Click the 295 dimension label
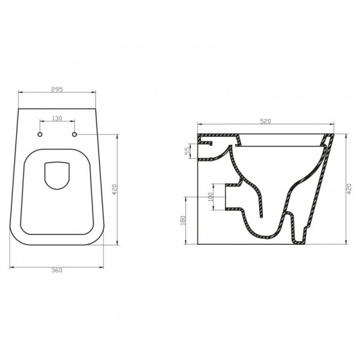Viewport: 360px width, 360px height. click(x=57, y=89)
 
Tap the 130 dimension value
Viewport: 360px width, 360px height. click(x=57, y=118)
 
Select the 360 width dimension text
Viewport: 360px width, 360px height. click(x=56, y=271)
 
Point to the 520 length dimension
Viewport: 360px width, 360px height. click(x=265, y=121)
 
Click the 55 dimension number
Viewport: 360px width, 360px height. click(x=188, y=151)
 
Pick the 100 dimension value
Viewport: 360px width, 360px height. click(x=211, y=197)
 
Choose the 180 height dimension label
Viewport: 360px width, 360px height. click(x=183, y=220)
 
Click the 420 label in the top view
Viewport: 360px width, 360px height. click(x=115, y=189)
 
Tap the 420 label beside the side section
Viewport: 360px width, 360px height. click(x=349, y=189)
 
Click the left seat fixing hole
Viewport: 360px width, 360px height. click(x=40, y=134)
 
